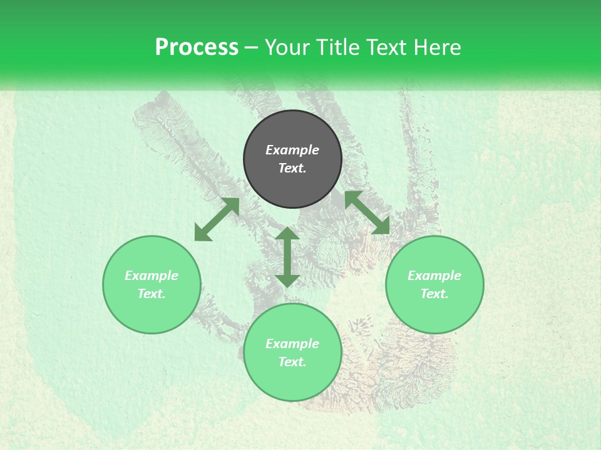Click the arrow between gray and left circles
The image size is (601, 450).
click(217, 219)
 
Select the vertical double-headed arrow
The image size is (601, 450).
click(287, 257)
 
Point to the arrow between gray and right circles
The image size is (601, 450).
click(367, 212)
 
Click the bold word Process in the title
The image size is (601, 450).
click(197, 47)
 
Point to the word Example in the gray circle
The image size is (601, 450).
click(292, 150)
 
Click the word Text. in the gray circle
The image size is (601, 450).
click(292, 168)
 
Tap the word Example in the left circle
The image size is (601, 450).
click(152, 276)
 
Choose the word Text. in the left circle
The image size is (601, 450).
click(152, 294)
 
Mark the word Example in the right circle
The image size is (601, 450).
click(434, 276)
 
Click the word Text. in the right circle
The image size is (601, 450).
click(434, 294)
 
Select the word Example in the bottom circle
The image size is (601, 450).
click(292, 344)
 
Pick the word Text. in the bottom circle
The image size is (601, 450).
click(292, 362)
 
